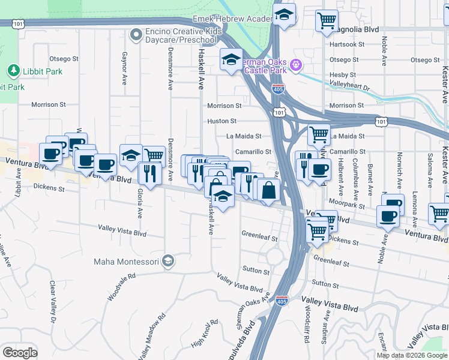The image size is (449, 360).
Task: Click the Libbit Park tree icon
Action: coord(13,71)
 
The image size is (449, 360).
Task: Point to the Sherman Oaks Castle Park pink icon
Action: coord(295,65)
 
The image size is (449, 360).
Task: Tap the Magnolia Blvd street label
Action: coord(361,28)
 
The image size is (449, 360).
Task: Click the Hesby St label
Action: coord(343,75)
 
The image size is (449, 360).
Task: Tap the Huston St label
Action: coord(218,121)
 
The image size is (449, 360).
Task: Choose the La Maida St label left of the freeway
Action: coord(244,136)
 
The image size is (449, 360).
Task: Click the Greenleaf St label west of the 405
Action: coord(259,238)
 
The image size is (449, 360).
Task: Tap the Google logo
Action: coord(20,352)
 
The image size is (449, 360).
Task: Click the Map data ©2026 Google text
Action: coord(412,355)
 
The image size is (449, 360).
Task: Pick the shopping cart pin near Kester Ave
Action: coord(439,214)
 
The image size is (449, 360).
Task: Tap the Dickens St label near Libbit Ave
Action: coord(49,188)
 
